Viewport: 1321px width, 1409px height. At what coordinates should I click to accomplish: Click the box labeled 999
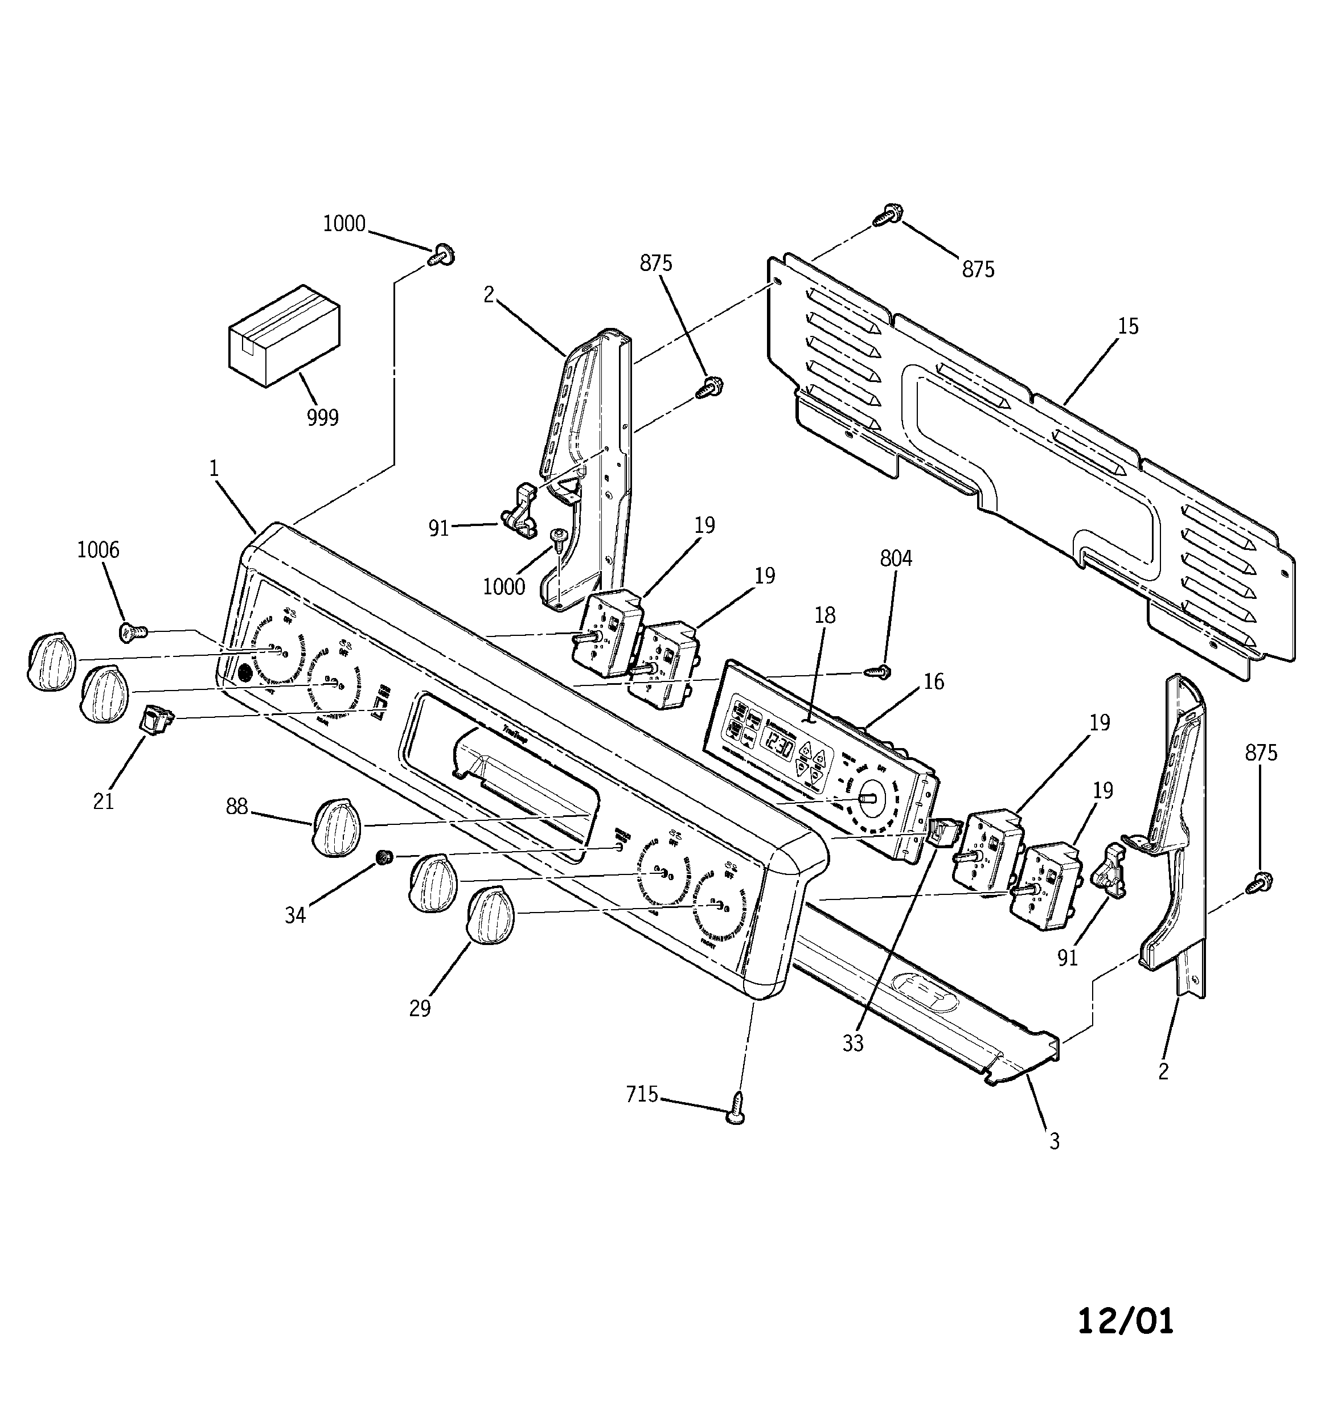pyautogui.click(x=284, y=335)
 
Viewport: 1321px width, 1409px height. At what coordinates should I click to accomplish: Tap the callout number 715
pyautogui.click(x=642, y=1094)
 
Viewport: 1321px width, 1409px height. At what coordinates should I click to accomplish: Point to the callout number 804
pyautogui.click(x=896, y=558)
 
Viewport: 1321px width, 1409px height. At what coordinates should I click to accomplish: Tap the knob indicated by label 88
pyautogui.click(x=336, y=827)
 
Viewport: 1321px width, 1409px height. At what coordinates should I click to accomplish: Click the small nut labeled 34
pyautogui.click(x=384, y=859)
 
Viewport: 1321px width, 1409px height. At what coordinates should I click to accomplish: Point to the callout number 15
pyautogui.click(x=1127, y=326)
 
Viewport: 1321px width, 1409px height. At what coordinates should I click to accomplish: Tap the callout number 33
pyautogui.click(x=853, y=1044)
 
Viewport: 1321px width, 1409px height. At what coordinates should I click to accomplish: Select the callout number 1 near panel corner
pyautogui.click(x=214, y=468)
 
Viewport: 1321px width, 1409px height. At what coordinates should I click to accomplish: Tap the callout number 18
pyautogui.click(x=824, y=615)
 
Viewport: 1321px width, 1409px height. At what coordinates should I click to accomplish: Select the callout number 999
pyautogui.click(x=323, y=417)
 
